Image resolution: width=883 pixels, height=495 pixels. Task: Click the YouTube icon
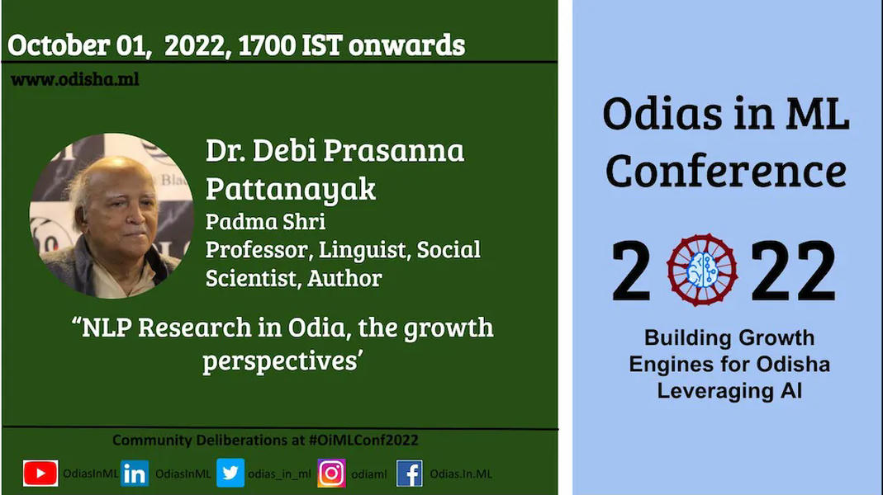point(40,473)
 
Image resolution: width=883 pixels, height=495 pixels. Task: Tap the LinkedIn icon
point(135,474)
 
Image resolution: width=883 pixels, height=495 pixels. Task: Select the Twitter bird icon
point(230,473)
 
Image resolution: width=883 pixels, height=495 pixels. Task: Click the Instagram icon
point(331,473)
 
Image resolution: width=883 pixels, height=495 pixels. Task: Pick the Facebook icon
point(410,474)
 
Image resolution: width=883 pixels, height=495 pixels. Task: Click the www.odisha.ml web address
point(75,79)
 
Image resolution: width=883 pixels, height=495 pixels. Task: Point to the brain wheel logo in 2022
point(701,270)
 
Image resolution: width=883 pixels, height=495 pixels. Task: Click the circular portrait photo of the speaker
point(112,215)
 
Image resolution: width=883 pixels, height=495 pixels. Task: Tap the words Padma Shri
point(265,222)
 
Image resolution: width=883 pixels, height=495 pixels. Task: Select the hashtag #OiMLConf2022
point(363,440)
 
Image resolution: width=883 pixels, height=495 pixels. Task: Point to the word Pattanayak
point(291,188)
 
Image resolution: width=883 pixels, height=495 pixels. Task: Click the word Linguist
point(363,250)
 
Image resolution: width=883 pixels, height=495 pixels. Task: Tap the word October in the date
point(59,45)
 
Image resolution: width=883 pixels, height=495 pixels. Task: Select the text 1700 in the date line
point(267,45)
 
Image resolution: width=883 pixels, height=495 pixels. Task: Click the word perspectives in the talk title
point(280,361)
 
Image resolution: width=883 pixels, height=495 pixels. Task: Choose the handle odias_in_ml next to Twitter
point(279,474)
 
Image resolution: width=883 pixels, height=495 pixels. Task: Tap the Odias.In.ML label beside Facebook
point(461,474)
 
